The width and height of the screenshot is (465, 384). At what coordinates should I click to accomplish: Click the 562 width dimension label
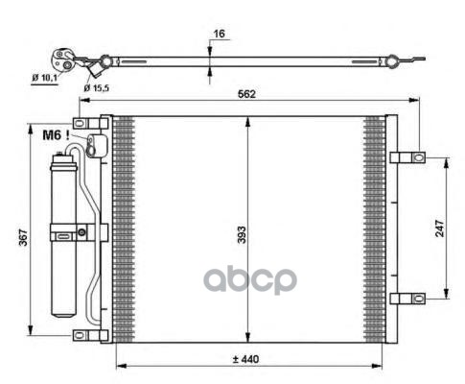click(x=246, y=94)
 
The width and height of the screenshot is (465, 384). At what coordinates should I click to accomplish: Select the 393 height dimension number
click(x=242, y=235)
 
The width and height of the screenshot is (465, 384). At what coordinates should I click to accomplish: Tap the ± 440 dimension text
click(x=245, y=359)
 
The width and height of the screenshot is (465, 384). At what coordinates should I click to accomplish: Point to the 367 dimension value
click(x=23, y=237)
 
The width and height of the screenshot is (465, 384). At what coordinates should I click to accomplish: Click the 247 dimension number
click(x=440, y=228)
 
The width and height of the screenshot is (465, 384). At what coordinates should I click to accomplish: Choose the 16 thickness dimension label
click(x=219, y=34)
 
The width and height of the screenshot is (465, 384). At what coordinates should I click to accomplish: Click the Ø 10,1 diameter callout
click(x=44, y=78)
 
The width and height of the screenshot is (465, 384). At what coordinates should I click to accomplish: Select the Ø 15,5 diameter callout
click(x=96, y=88)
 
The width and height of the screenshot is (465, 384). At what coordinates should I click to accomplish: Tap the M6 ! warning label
click(x=56, y=135)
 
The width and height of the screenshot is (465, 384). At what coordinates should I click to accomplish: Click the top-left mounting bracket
click(x=91, y=123)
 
